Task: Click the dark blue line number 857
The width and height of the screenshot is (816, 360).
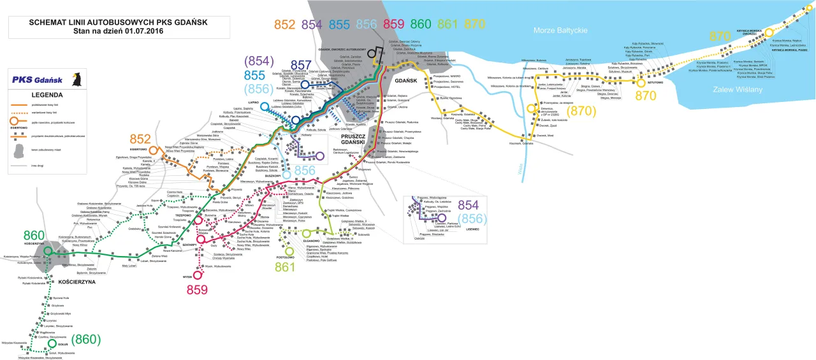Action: tap(303, 65)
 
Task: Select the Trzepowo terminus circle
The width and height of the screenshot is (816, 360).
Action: tap(200, 221)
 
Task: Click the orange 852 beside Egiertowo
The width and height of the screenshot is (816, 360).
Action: tap(140, 139)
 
